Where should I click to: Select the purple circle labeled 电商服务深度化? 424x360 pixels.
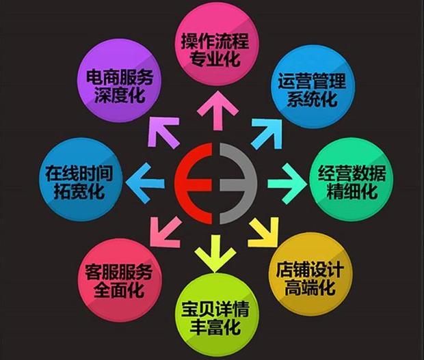(120, 82)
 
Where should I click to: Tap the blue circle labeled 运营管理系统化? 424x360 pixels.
(313, 87)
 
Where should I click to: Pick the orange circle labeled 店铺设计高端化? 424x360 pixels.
(310, 273)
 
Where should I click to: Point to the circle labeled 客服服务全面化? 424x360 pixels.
(119, 280)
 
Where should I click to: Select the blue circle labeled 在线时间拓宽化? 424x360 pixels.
(80, 180)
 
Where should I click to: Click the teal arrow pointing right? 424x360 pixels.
(288, 184)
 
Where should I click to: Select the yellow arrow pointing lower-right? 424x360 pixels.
(263, 232)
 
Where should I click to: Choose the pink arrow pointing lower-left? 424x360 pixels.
(165, 232)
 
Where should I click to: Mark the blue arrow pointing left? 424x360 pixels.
(145, 183)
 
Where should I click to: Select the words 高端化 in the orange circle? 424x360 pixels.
(310, 288)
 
